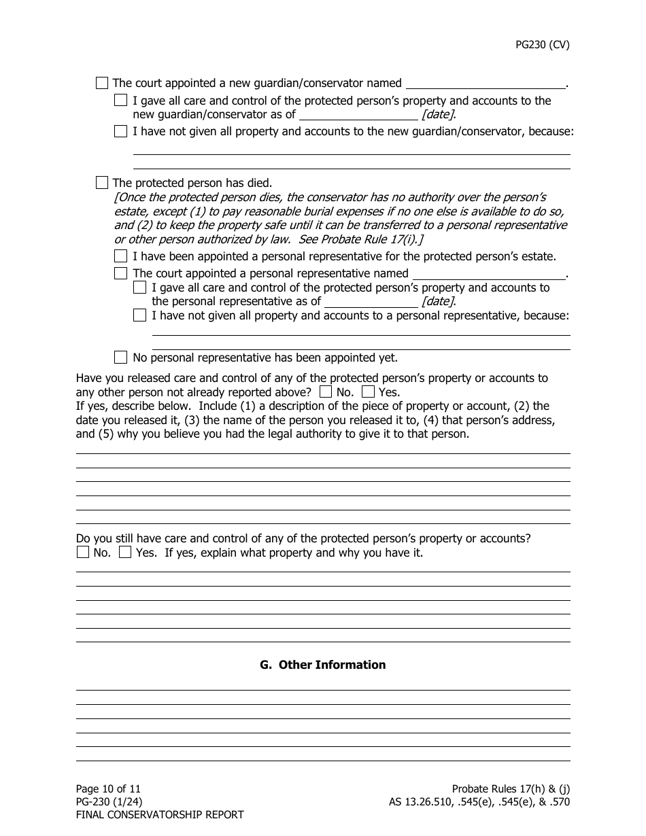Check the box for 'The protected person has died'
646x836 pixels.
click(x=102, y=183)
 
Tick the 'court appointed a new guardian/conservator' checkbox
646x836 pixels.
click(x=102, y=84)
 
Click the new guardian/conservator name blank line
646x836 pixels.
click(x=485, y=84)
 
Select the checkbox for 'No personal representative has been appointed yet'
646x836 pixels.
click(x=121, y=358)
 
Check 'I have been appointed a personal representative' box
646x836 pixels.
click(x=121, y=257)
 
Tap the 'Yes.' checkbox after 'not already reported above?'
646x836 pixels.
click(x=369, y=392)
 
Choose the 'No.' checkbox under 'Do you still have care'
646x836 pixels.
click(x=83, y=553)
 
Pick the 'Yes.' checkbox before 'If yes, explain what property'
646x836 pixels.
click(x=125, y=553)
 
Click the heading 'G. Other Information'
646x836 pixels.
click(x=323, y=665)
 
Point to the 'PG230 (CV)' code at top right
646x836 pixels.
click(x=541, y=45)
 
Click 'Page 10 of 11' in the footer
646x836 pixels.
click(x=108, y=789)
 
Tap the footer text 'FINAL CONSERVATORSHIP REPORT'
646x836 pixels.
click(x=159, y=815)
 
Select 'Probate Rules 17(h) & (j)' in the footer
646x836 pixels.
click(x=511, y=789)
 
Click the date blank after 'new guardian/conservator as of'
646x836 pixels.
click(x=358, y=115)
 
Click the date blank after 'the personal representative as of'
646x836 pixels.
click(x=371, y=302)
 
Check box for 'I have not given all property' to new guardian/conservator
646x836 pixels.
click(x=121, y=132)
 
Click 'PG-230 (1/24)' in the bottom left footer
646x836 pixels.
click(x=109, y=802)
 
